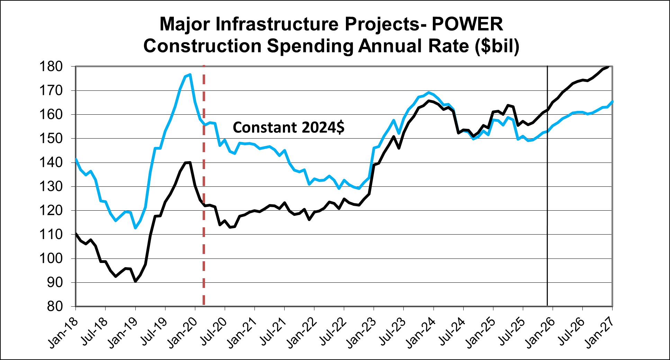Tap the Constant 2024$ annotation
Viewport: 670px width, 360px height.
288,128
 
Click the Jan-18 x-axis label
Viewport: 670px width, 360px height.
62,333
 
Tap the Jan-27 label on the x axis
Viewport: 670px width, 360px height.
599,333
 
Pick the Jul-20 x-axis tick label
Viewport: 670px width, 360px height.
212,333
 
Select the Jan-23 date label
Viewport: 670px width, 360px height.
360,333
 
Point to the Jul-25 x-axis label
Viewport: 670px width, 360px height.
510,333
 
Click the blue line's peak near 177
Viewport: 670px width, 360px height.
190,74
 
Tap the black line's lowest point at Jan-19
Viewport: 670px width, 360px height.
135,281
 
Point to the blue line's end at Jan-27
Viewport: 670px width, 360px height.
613,102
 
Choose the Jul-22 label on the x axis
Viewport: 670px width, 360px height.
331,333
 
